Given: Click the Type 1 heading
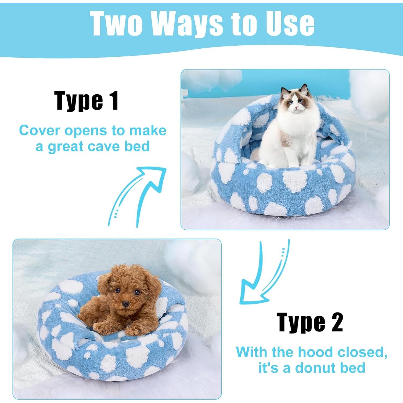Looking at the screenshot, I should coord(87,101).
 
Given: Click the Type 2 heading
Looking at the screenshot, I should coord(310,322).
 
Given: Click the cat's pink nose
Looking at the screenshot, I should coord(296,107).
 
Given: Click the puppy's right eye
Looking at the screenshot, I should coord(117,291).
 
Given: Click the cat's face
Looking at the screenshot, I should coord(296,102).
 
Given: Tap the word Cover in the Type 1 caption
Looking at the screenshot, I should coord(39,131).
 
